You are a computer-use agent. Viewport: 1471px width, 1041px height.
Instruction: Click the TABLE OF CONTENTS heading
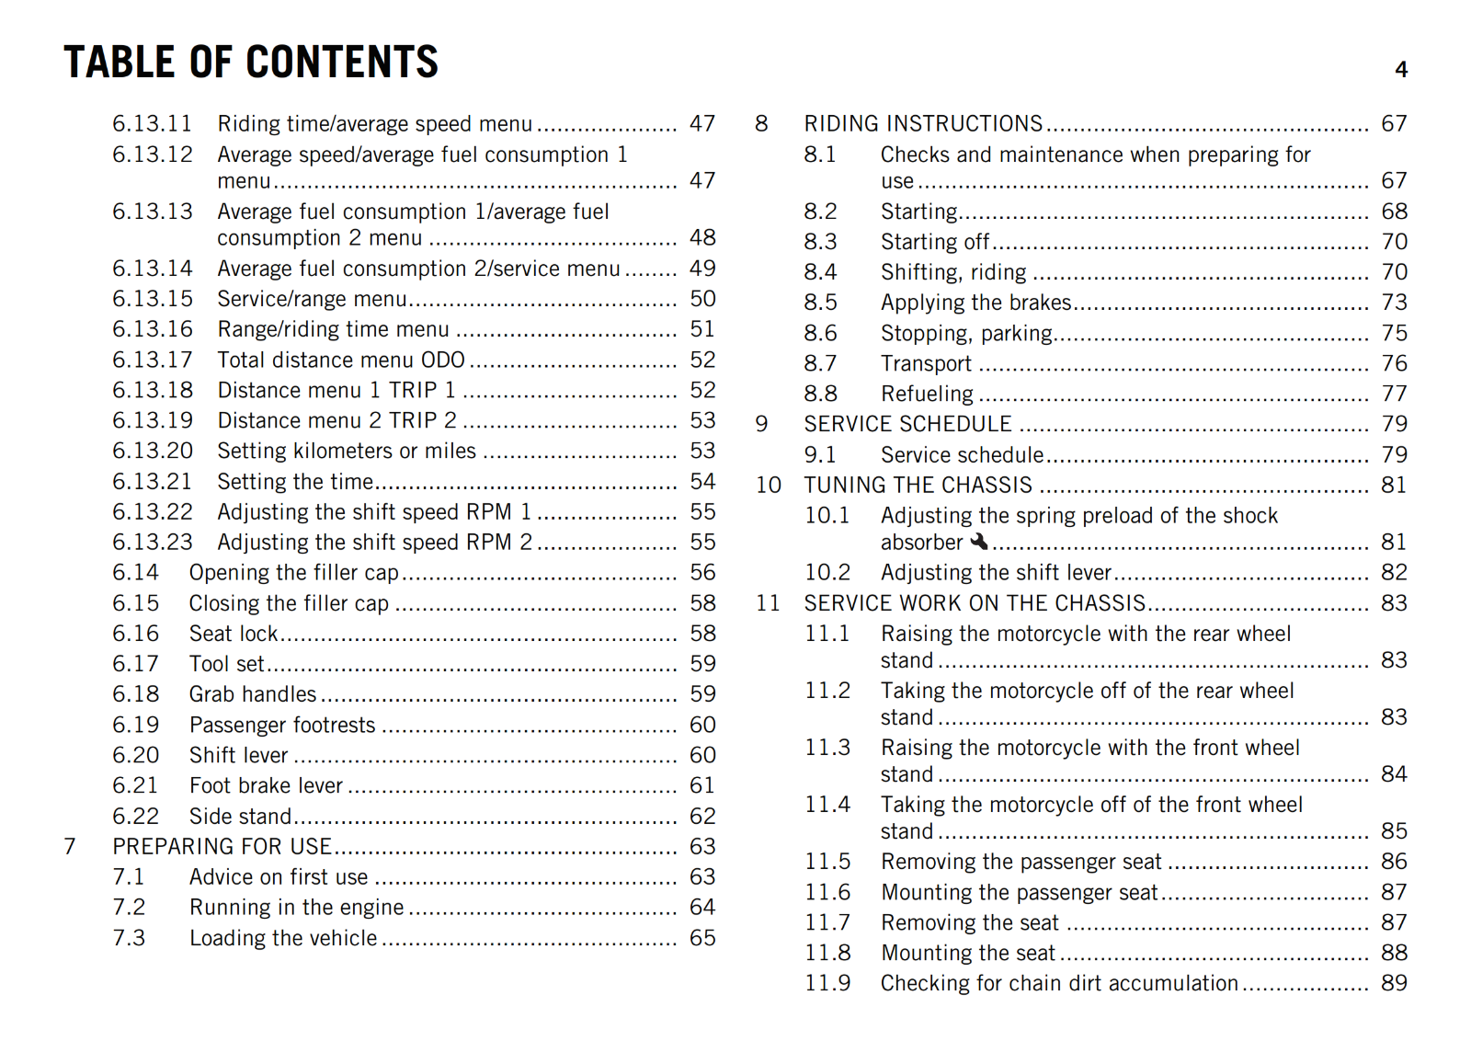251,63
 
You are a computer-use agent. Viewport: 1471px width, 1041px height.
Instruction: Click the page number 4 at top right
1401,70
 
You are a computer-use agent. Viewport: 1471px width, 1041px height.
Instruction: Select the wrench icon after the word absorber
979,542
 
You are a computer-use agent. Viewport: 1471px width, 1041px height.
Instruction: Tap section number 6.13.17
153,360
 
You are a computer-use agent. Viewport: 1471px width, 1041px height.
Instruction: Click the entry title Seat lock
234,634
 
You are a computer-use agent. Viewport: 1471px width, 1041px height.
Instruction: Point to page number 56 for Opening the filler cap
702,572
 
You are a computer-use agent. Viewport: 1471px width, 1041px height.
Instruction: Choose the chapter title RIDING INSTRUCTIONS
923,123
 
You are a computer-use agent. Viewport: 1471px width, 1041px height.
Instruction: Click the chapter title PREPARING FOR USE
222,846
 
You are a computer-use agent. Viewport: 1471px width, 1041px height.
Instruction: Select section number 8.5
820,302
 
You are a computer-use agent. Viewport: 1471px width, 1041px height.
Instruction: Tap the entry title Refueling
927,394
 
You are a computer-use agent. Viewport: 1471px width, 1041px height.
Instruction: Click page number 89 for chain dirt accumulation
1394,983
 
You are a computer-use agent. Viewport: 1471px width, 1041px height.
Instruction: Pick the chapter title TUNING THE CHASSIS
918,485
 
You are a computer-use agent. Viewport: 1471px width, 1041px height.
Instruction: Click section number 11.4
827,805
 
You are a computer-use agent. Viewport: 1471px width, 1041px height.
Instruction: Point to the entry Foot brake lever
266,785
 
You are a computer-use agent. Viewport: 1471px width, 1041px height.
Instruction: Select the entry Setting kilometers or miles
347,451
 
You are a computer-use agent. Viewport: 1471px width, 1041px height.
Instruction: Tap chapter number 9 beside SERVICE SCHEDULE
761,424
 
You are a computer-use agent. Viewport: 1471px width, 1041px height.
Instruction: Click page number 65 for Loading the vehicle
702,938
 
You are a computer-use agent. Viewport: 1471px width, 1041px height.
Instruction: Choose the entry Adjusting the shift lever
996,572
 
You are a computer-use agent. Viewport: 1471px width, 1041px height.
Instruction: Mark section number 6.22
135,816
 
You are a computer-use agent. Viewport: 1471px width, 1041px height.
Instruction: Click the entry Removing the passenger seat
1021,862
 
